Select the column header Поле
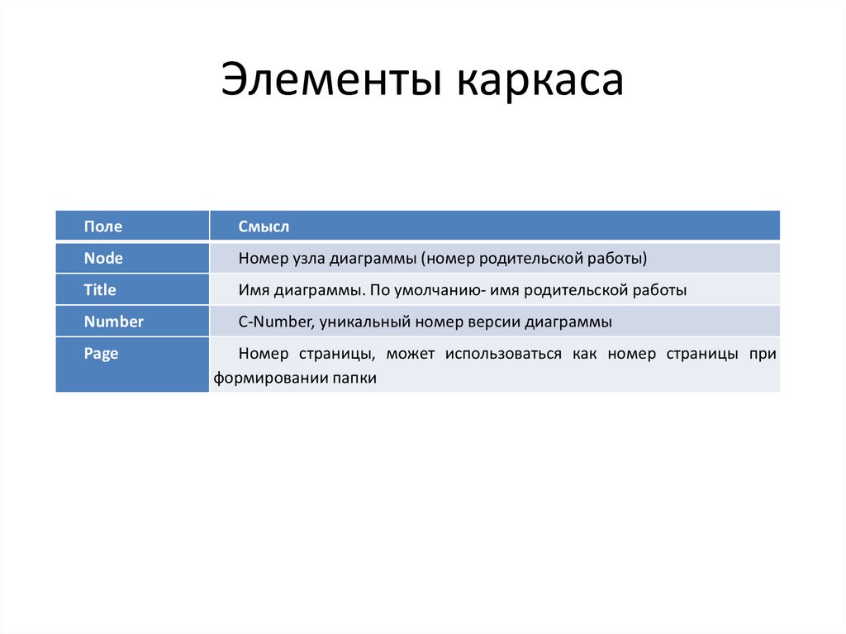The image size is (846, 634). (102, 226)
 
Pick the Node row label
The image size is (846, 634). (103, 259)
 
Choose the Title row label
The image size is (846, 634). (100, 290)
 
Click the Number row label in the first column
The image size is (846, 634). (113, 322)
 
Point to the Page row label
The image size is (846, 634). (101, 354)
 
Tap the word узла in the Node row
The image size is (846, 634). (307, 259)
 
